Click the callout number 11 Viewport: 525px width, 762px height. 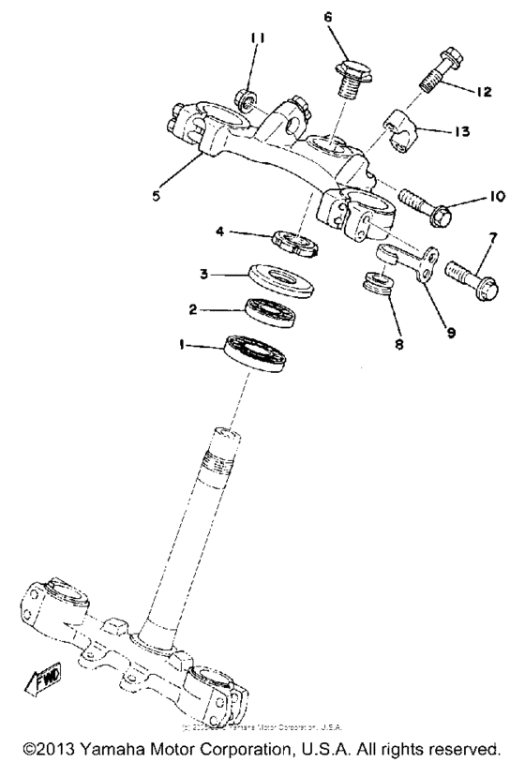[x=259, y=38]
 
